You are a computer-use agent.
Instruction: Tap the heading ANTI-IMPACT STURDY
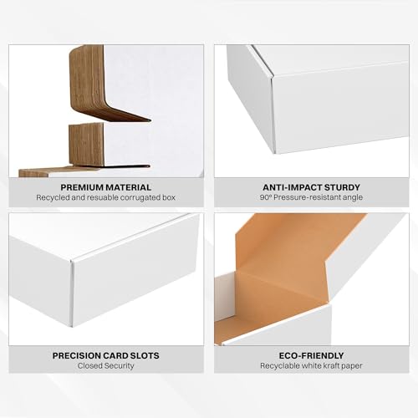pos(310,186)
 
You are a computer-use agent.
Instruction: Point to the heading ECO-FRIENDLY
pos(310,355)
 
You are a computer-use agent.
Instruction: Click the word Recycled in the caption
pos(57,197)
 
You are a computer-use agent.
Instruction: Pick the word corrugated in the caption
pos(136,197)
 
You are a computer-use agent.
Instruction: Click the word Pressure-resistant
pos(308,197)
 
